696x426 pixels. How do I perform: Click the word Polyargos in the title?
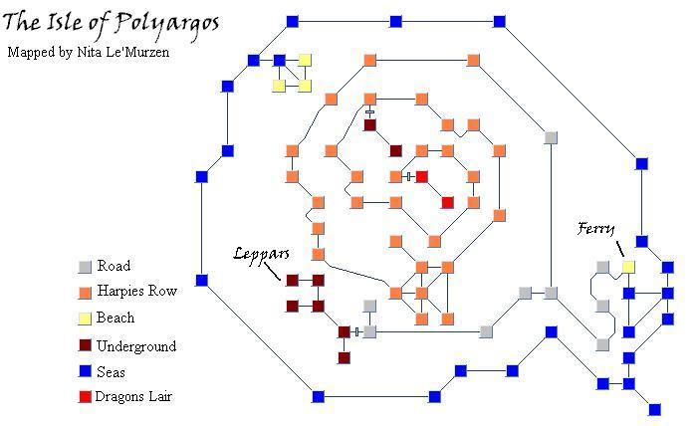168,25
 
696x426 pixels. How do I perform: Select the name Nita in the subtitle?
88,52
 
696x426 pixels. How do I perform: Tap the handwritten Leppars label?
261,254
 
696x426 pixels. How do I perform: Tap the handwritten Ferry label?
595,229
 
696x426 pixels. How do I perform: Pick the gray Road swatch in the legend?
85,267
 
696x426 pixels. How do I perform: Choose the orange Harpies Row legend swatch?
85,293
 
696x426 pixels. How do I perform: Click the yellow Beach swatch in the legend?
85,319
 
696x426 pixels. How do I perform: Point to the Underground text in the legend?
136,346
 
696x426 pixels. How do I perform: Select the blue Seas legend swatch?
85,370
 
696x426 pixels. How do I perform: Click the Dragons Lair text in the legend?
133,396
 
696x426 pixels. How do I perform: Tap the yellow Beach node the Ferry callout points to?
628,267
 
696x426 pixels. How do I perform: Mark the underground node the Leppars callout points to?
292,280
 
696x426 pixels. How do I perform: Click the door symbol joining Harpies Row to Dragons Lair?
408,177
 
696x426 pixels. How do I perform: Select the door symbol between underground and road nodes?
356,331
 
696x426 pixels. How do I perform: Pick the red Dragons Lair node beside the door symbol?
422,177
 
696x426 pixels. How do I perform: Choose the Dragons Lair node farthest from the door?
447,203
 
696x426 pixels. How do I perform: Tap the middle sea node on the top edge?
395,21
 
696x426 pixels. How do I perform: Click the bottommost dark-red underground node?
344,357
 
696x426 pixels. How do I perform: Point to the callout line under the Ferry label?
620,249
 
